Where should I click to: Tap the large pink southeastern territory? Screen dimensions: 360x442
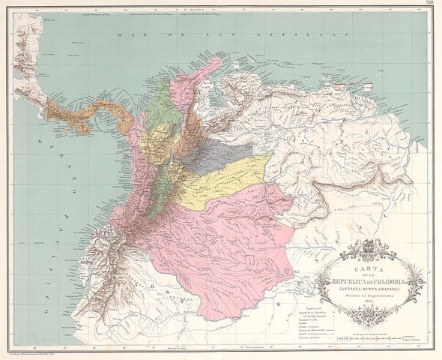coord(225,240)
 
